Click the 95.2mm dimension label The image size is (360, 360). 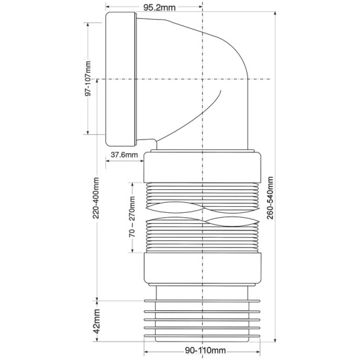point(159,8)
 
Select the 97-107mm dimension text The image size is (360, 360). point(88,79)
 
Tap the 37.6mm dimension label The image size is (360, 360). point(124,154)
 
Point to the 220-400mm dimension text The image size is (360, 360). point(96,198)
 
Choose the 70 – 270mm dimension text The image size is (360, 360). point(132,217)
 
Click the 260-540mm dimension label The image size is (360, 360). point(270,198)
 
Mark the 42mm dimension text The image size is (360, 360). point(97,321)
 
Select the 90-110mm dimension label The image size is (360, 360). point(206,351)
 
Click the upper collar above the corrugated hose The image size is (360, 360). point(202,167)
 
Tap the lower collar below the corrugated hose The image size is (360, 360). point(202,268)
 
